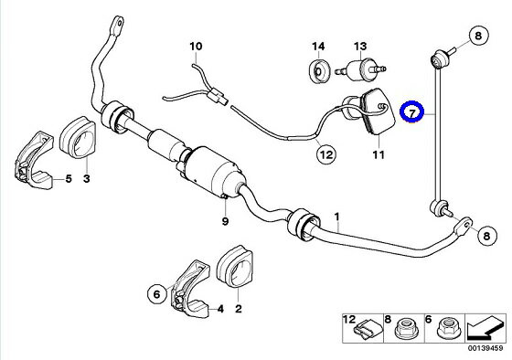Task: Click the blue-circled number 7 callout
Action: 412,112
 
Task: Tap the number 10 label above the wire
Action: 196,47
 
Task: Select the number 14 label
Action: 318,47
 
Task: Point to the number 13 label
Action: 360,47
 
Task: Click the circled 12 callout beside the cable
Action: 326,154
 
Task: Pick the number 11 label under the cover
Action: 379,154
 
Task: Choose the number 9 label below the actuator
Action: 225,221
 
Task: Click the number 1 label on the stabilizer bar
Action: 337,217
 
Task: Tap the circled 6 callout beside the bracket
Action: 157,294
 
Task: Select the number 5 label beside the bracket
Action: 69,178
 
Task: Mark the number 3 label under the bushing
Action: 87,178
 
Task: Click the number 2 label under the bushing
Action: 239,309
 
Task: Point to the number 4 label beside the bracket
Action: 220,309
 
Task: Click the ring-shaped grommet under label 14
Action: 320,71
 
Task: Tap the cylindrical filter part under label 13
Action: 361,69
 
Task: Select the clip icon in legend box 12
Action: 368,330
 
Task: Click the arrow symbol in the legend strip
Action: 485,328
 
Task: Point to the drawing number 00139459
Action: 485,348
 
